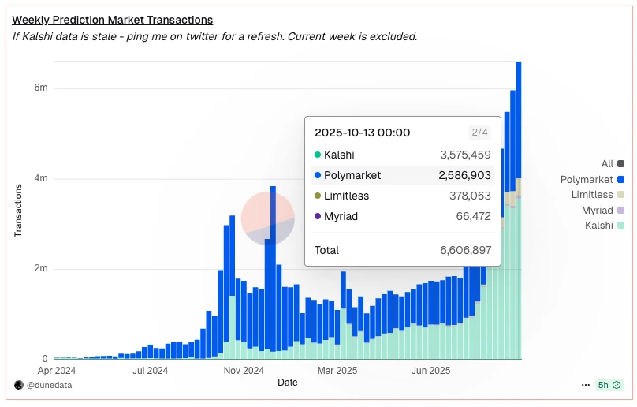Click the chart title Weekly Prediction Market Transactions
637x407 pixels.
pos(112,20)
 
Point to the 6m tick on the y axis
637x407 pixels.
pos(40,88)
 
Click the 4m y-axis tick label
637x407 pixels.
pos(40,178)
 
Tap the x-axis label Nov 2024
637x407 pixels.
pos(244,370)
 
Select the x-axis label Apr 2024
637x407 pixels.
pos(57,370)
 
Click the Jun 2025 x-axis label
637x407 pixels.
pos(430,370)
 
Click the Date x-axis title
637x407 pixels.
pos(288,383)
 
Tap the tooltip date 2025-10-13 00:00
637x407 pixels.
pos(362,133)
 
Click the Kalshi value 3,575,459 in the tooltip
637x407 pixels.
pos(465,155)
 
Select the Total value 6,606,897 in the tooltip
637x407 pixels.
pos(465,250)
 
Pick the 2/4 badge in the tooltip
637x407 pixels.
pos(479,133)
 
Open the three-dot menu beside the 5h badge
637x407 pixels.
pos(585,385)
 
